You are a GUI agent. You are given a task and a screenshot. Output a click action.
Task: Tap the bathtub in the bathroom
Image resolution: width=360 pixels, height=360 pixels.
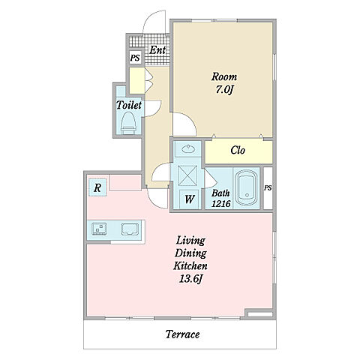[247, 187]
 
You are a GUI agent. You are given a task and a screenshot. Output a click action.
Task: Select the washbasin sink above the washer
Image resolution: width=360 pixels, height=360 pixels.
[188, 149]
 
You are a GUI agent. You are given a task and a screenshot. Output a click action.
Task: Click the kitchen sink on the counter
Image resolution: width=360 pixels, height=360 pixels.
[100, 229]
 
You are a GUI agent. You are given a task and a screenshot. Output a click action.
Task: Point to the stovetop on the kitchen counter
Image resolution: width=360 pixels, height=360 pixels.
[130, 229]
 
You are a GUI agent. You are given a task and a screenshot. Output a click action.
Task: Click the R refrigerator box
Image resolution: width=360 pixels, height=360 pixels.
[97, 187]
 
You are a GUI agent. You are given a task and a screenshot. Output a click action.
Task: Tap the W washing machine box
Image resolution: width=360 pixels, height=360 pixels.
[189, 199]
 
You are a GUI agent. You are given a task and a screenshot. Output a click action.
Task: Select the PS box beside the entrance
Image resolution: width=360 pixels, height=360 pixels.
[135, 58]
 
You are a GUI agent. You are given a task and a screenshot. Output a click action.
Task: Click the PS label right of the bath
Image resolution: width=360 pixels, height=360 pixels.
[268, 187]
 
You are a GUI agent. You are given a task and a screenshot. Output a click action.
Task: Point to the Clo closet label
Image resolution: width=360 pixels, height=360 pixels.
[238, 150]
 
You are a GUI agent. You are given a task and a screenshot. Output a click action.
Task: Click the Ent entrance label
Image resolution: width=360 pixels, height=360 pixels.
[157, 50]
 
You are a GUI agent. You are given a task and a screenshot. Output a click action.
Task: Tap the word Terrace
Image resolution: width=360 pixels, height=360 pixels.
[182, 334]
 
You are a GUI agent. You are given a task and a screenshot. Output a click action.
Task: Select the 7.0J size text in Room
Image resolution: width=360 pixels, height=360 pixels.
[224, 89]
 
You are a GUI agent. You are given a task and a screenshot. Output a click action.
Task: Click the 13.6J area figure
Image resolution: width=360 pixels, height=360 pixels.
[190, 278]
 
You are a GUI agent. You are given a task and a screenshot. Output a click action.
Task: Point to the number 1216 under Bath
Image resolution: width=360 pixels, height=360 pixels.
[221, 204]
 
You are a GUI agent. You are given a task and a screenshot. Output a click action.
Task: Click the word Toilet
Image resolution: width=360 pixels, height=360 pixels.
[129, 105]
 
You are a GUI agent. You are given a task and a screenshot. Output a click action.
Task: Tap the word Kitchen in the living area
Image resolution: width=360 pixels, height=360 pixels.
[190, 265]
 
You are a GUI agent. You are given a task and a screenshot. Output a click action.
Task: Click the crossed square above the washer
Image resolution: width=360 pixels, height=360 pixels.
[187, 175]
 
